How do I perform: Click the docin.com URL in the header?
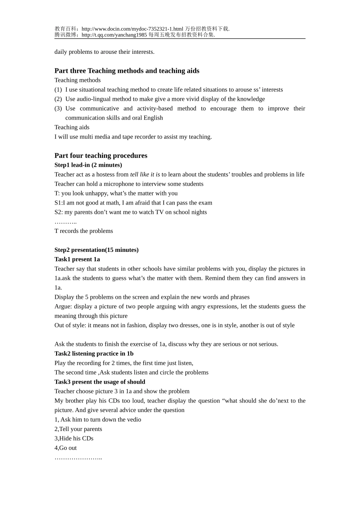pyautogui.click(x=132, y=29)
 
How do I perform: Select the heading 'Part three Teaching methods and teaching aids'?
pyautogui.click(x=127, y=71)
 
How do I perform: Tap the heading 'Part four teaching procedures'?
pyautogui.click(x=101, y=156)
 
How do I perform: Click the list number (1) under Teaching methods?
pyautogui.click(x=58, y=90)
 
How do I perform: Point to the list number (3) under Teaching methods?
pyautogui.click(x=58, y=109)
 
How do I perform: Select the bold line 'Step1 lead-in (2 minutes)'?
pyautogui.click(x=88, y=165)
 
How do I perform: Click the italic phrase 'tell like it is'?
pyautogui.click(x=145, y=175)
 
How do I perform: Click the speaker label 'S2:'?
pyautogui.click(x=58, y=212)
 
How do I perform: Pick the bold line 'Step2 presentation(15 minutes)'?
pyautogui.click(x=96, y=250)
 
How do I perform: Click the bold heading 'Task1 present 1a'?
pyautogui.click(x=77, y=259)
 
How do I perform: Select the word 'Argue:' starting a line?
pyautogui.click(x=63, y=307)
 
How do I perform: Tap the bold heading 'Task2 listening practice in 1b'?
pyautogui.click(x=94, y=354)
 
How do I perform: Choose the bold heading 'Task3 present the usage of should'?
pyautogui.click(x=100, y=382)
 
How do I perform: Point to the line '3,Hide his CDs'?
pyautogui.click(x=74, y=439)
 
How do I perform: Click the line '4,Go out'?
pyautogui.click(x=66, y=448)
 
